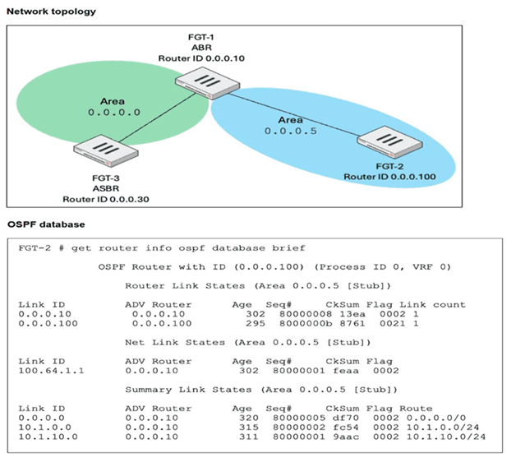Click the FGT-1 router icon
click(x=207, y=83)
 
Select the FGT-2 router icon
click(x=390, y=142)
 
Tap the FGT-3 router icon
click(x=106, y=150)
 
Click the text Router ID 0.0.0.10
click(x=201, y=58)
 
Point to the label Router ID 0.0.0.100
click(x=389, y=177)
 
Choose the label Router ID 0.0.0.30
click(x=106, y=199)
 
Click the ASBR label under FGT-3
click(x=106, y=189)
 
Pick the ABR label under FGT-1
click(x=201, y=48)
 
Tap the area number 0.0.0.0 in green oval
click(x=114, y=113)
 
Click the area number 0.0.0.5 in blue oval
click(x=291, y=131)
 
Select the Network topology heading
click(x=51, y=12)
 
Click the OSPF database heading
click(x=46, y=224)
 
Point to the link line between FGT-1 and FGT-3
click(x=158, y=118)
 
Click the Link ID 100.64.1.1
click(x=51, y=371)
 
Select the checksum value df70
click(x=346, y=418)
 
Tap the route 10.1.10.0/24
click(x=446, y=437)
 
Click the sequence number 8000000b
click(x=306, y=323)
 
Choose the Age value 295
click(x=256, y=323)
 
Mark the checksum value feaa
click(x=346, y=371)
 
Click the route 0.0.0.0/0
click(x=436, y=418)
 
